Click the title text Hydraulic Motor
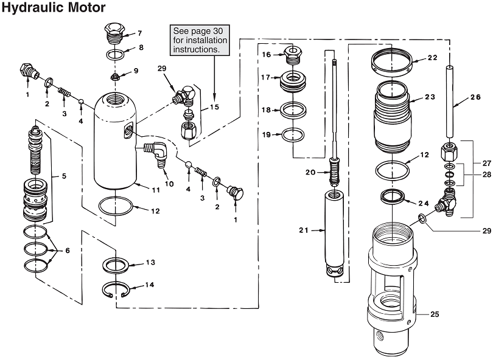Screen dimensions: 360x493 pos(54,8)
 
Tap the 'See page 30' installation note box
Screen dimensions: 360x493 pos(200,40)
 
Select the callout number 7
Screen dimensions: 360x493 pos(139,33)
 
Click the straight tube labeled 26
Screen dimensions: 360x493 pos(450,102)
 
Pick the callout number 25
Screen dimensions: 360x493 pos(435,314)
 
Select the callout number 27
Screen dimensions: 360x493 pos(486,164)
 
